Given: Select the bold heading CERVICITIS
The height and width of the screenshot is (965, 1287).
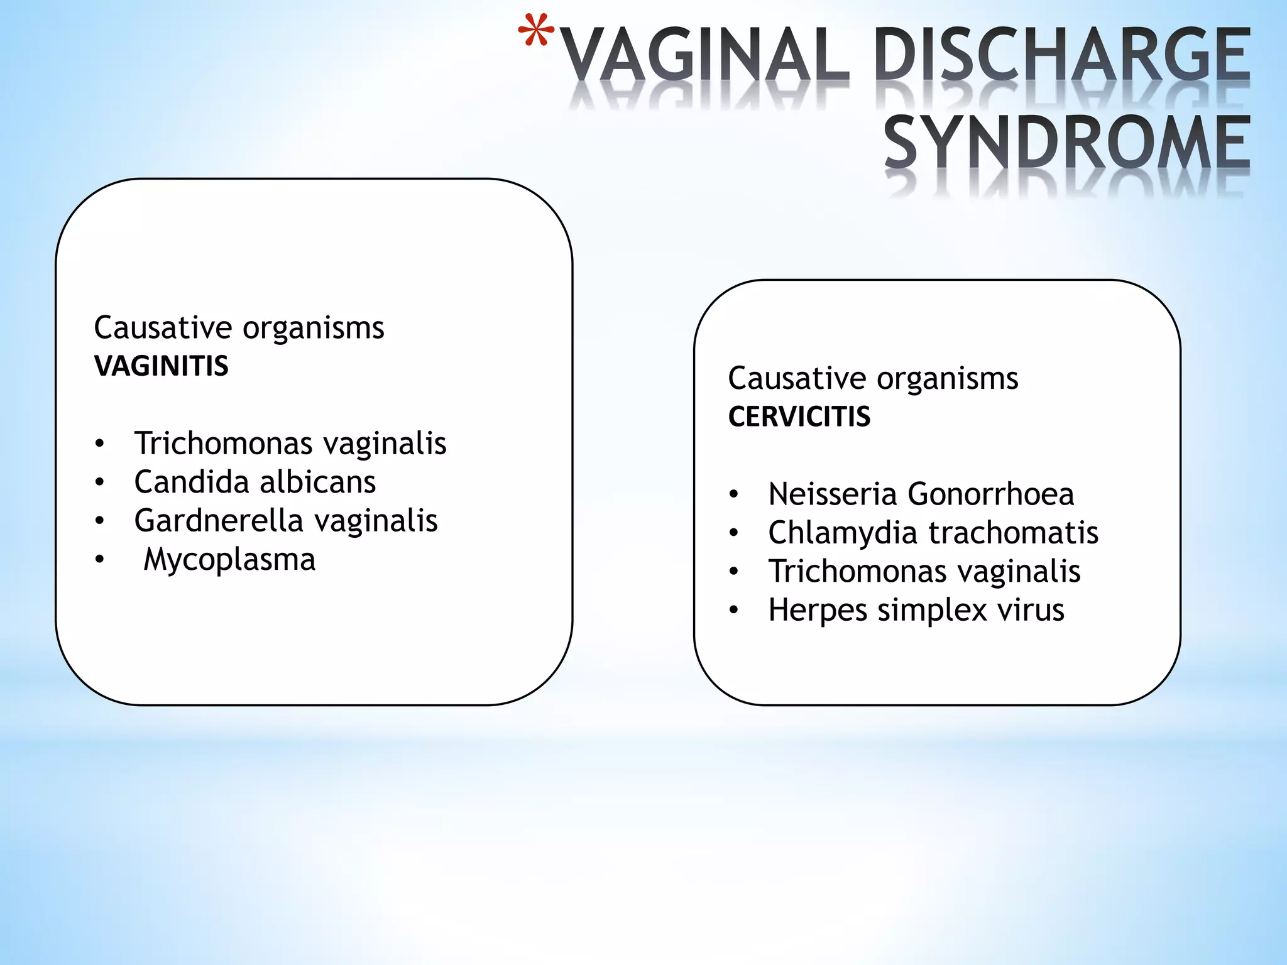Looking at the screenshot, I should pyautogui.click(x=799, y=417).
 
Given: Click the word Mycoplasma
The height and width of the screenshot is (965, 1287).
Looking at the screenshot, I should pyautogui.click(x=229, y=560).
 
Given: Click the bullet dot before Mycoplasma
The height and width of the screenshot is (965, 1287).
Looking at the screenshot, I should pyautogui.click(x=99, y=559).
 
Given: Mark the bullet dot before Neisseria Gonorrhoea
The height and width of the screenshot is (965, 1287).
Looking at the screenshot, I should pyautogui.click(x=733, y=494).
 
